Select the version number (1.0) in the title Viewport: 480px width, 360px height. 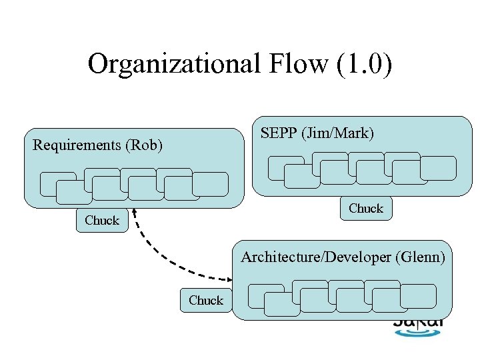pyautogui.click(x=360, y=64)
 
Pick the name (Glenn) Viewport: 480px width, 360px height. pyautogui.click(x=420, y=257)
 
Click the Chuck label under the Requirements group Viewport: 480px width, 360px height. pyautogui.click(x=102, y=220)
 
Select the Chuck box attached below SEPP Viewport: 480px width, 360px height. pyautogui.click(x=366, y=209)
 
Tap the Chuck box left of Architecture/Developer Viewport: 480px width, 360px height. pyautogui.click(x=206, y=301)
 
